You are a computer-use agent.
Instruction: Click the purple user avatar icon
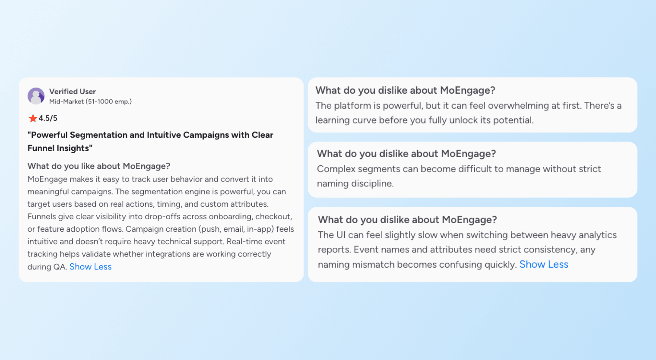coord(36,96)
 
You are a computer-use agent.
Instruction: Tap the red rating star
coord(33,118)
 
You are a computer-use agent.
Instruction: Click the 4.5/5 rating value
coord(48,118)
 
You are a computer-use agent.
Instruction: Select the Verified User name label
coord(73,92)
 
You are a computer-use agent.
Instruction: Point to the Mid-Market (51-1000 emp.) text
coord(90,101)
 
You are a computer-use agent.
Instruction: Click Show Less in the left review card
coord(90,267)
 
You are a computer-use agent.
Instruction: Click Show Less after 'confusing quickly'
coord(544,265)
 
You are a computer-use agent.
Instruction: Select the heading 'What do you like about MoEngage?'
coord(99,166)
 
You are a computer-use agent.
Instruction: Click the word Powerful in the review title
coord(49,135)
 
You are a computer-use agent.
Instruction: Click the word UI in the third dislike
coord(341,235)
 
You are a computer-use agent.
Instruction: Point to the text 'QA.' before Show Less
coord(60,267)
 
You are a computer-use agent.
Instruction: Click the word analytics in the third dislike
coord(597,235)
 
